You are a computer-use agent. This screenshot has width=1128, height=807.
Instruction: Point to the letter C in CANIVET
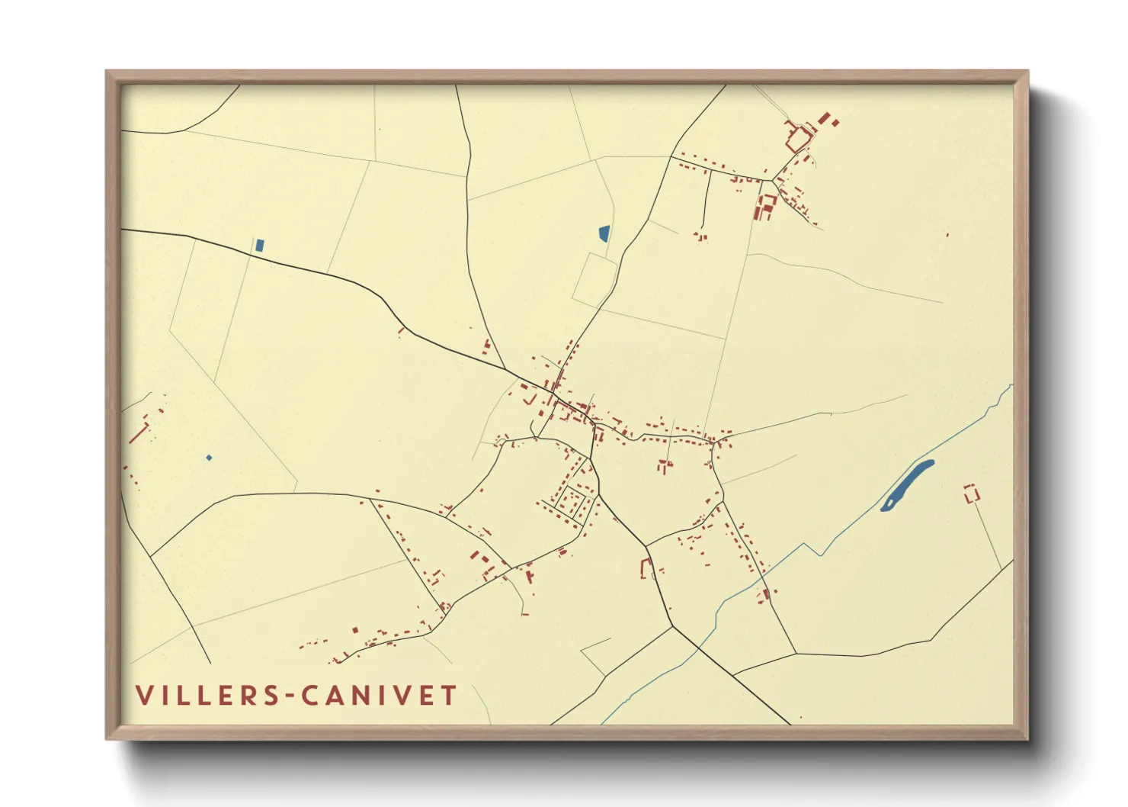(309, 696)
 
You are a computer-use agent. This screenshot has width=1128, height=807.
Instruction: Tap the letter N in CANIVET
(355, 696)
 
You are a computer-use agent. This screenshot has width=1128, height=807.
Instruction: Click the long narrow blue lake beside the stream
(907, 485)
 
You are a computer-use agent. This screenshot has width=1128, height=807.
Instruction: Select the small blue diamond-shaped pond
(209, 458)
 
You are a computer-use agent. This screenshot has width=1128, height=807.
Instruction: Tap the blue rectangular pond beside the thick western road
(260, 246)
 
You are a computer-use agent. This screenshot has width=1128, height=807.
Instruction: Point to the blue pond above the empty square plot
(604, 233)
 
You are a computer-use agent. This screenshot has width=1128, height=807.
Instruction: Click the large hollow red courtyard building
(797, 140)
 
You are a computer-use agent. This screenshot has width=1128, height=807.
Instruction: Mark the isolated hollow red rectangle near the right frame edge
(971, 494)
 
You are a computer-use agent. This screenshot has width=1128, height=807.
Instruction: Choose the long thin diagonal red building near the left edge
(139, 432)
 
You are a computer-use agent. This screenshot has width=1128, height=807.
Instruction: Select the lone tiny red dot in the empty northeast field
(947, 235)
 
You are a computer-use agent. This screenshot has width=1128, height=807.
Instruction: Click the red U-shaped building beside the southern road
(646, 568)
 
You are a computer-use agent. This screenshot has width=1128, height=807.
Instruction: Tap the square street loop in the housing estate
(571, 502)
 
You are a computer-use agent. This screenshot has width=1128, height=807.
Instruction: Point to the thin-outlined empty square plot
(594, 279)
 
